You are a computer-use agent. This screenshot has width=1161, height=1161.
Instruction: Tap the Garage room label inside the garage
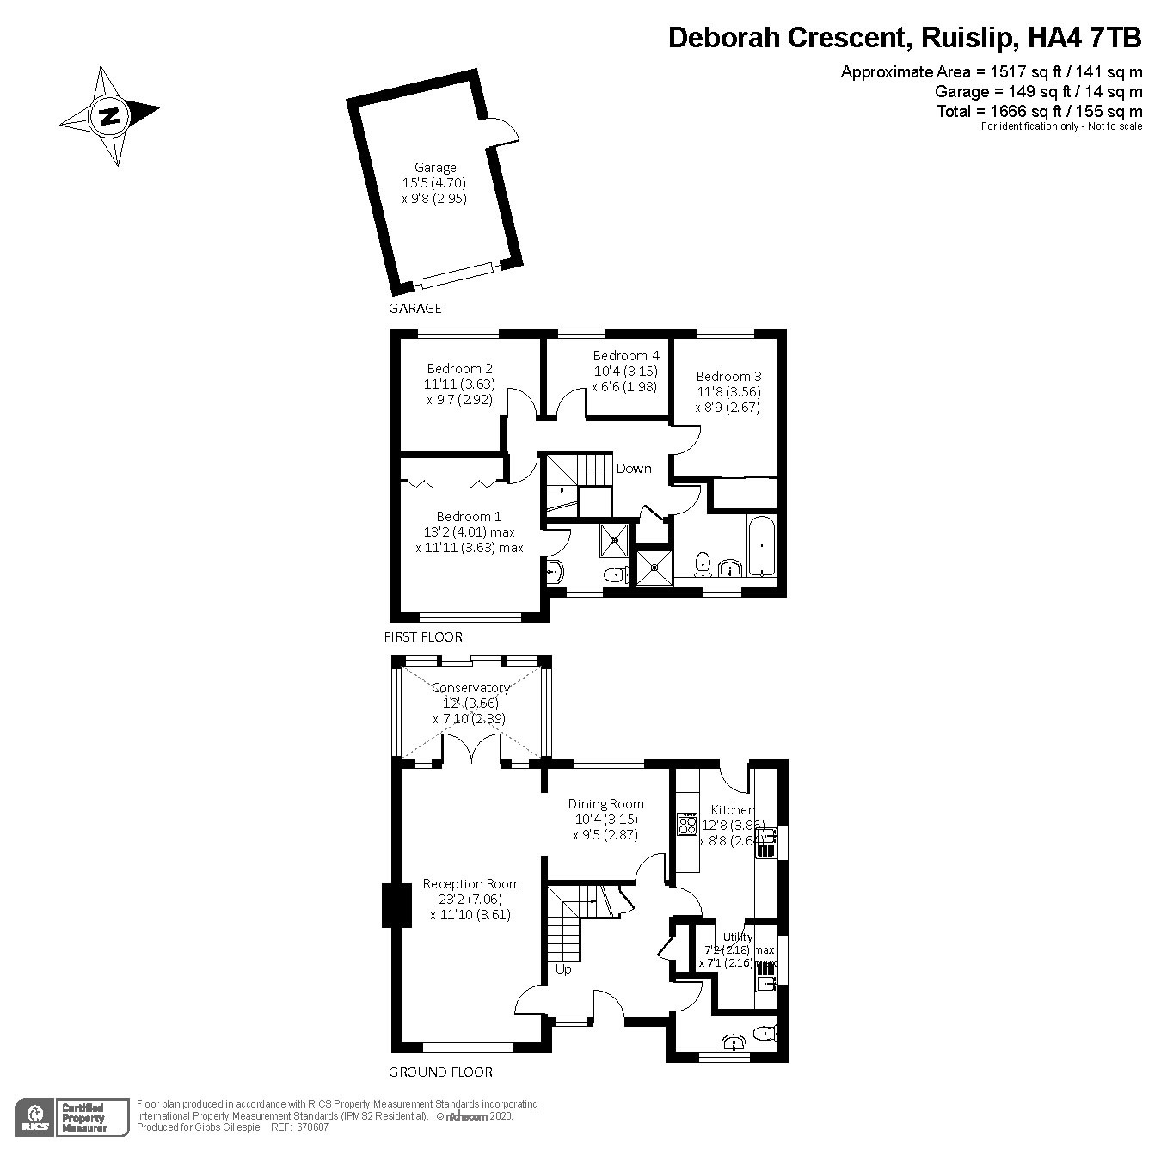(x=435, y=168)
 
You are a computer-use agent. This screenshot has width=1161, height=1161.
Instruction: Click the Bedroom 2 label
(x=460, y=369)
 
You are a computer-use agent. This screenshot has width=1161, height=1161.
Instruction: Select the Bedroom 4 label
(x=626, y=355)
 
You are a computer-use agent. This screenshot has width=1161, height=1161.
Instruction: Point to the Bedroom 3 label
(x=728, y=376)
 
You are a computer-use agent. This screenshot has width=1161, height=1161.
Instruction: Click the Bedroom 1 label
(x=469, y=517)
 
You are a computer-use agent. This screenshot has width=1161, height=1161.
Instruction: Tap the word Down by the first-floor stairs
(x=634, y=469)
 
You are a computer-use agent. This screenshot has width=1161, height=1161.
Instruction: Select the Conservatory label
(x=470, y=688)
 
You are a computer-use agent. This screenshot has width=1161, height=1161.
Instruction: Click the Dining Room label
(x=605, y=804)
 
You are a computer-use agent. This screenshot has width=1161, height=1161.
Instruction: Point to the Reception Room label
(x=471, y=884)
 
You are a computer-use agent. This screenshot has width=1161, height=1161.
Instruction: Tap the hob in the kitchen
(x=687, y=825)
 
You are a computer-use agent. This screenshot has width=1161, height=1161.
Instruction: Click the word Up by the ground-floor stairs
(x=563, y=969)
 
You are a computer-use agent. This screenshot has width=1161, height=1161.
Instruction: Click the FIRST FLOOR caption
(x=423, y=637)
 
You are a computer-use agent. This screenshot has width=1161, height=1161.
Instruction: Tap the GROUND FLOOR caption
(x=440, y=1072)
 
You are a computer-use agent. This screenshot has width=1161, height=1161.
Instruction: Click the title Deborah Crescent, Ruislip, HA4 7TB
(x=905, y=38)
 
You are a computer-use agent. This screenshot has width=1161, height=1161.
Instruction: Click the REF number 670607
(x=311, y=1127)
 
